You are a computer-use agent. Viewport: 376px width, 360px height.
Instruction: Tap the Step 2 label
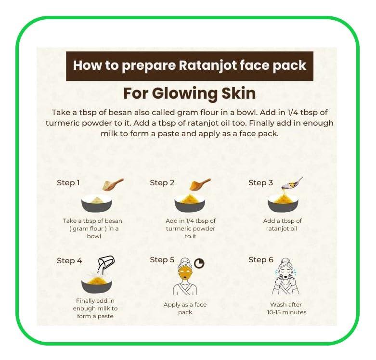tap(162, 183)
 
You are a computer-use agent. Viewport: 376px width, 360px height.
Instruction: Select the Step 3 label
tap(260, 183)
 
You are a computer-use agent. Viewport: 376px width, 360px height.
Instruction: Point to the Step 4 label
tap(69, 261)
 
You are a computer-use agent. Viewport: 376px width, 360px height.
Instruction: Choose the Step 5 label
tap(162, 260)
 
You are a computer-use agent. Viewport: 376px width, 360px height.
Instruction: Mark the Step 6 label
tap(260, 260)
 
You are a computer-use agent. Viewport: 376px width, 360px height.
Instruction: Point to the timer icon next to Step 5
tap(199, 263)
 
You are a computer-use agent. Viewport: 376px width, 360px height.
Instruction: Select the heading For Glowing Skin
tap(189, 92)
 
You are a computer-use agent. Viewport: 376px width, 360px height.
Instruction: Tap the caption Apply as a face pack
tap(185, 309)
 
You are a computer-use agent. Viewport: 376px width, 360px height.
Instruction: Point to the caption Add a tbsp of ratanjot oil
tap(283, 225)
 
